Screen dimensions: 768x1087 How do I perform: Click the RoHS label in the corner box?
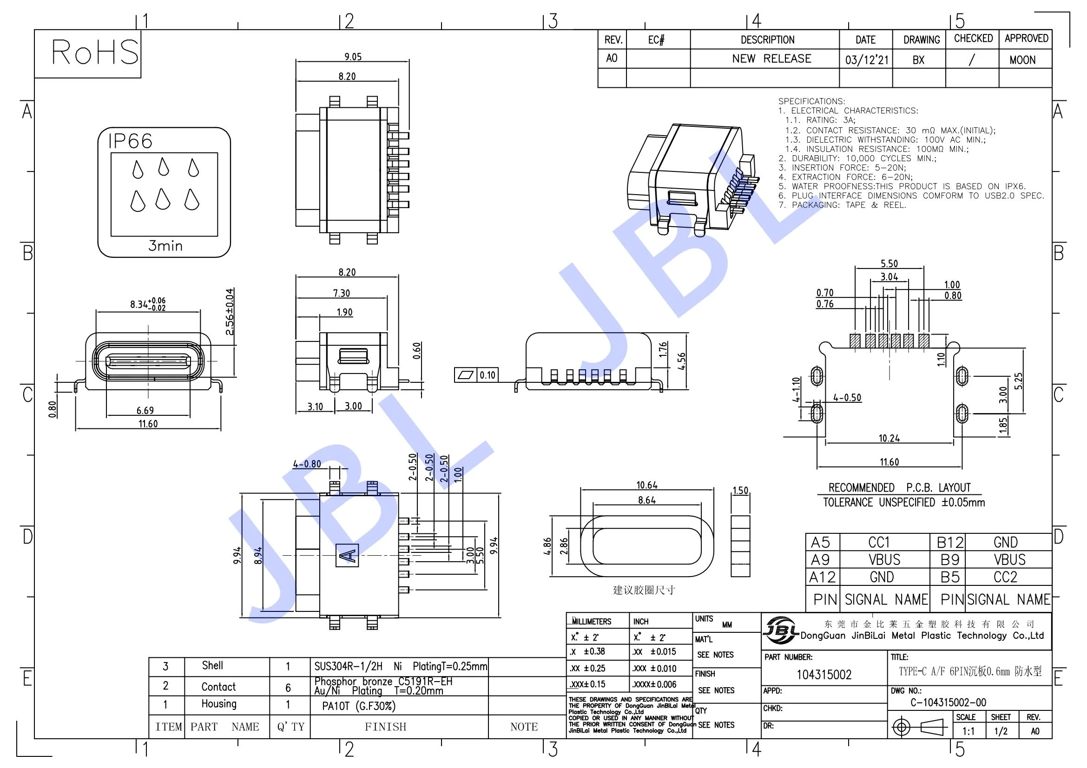coord(95,52)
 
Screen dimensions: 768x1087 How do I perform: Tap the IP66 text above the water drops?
coord(130,141)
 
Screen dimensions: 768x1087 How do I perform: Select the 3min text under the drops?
coord(165,246)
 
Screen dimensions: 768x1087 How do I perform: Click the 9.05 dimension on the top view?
coord(353,57)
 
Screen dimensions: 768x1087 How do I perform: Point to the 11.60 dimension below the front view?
coord(148,424)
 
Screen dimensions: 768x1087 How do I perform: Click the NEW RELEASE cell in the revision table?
coord(771,59)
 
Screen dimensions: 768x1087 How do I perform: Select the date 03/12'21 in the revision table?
coord(867,60)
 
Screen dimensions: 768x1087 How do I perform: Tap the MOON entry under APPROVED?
coord(1022,60)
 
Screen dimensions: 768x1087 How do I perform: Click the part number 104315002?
coord(824,675)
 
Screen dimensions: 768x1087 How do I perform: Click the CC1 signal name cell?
coord(879,542)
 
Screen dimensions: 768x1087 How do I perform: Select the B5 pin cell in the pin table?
coord(950,578)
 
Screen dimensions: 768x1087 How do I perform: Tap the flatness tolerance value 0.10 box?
coord(487,375)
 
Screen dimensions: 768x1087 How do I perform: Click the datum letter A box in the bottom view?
coord(347,556)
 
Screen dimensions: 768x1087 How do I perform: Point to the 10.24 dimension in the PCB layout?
coord(889,438)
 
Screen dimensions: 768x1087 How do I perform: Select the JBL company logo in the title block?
coord(781,630)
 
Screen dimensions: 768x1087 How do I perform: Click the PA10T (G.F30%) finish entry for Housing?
coord(358,706)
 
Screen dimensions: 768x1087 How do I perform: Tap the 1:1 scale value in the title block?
coord(968,731)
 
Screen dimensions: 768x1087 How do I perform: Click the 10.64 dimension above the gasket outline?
coord(647,485)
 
